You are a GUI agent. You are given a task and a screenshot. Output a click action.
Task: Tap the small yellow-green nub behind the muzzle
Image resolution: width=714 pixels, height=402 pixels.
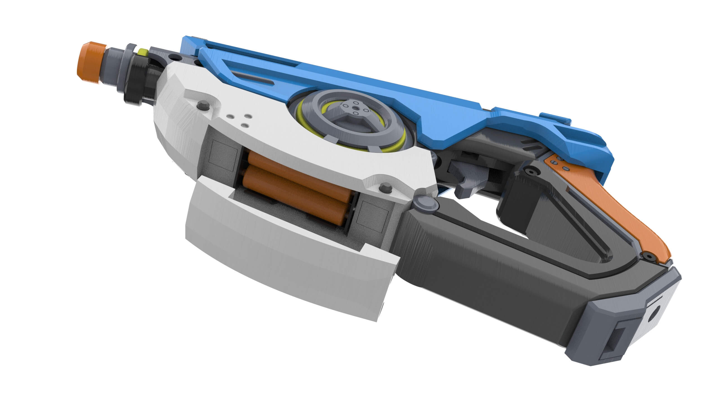143,52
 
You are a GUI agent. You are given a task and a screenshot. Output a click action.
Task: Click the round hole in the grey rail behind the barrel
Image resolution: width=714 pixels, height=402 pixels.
176,58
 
